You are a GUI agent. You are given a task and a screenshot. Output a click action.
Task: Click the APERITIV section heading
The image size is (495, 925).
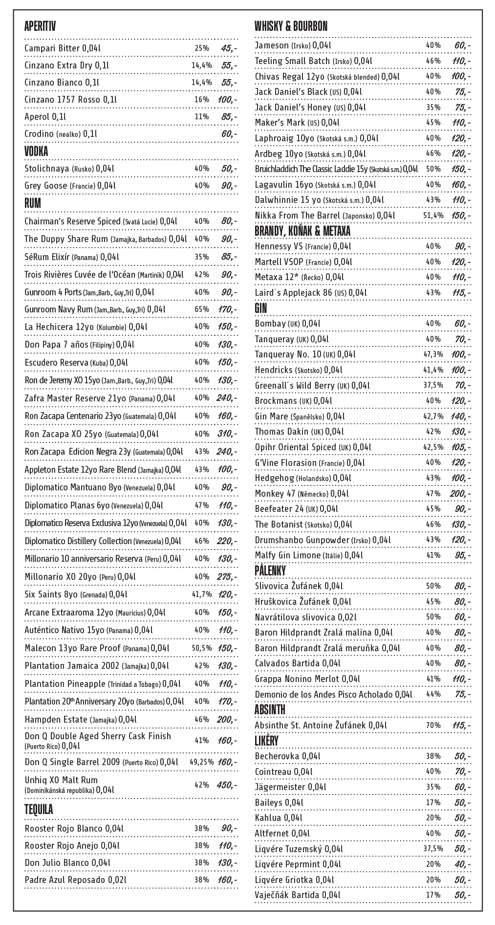point(40,26)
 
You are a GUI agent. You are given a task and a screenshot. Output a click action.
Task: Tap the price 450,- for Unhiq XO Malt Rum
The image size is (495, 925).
point(226,785)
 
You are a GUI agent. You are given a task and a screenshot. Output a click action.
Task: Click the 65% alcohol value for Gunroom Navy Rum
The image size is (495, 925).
point(202,309)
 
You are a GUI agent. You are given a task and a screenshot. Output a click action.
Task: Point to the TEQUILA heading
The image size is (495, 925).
point(39,810)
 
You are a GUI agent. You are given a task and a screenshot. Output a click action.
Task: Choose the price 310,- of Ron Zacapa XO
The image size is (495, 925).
point(226,434)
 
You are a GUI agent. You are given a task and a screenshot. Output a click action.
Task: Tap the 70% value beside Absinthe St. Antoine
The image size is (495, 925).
point(433,726)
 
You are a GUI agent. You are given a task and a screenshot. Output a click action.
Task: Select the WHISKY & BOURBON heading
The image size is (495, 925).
point(291,26)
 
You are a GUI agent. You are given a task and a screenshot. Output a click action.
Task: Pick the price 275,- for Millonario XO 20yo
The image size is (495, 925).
point(226,577)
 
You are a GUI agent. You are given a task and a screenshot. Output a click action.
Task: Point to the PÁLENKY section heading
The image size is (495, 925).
point(270,571)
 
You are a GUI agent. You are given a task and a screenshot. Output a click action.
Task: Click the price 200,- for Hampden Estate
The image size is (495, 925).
point(226,720)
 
